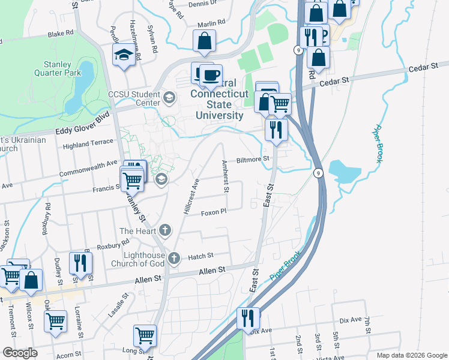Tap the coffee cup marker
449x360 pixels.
[x=211, y=75]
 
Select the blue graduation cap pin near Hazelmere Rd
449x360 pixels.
[x=124, y=55]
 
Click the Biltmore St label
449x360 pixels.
[x=255, y=160]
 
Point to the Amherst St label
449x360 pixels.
[x=226, y=176]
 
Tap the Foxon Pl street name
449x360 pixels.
[x=213, y=212]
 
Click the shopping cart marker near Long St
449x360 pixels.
[x=145, y=335]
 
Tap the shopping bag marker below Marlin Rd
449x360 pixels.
[x=204, y=41]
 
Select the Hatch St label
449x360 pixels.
[x=201, y=256]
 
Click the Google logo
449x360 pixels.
[x=20, y=353]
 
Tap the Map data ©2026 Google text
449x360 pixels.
[x=411, y=355]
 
